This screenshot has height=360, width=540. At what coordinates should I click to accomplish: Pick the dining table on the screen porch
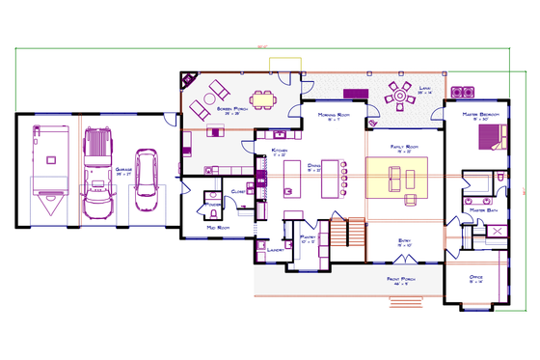pyautogui.click(x=262, y=97)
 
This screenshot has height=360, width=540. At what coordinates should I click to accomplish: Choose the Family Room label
pyautogui.click(x=402, y=148)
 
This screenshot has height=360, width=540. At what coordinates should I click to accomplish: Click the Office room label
pyautogui.click(x=475, y=278)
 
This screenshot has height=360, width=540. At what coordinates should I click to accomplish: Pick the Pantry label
pyautogui.click(x=309, y=235)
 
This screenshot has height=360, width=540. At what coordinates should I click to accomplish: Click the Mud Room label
pyautogui.click(x=216, y=228)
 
